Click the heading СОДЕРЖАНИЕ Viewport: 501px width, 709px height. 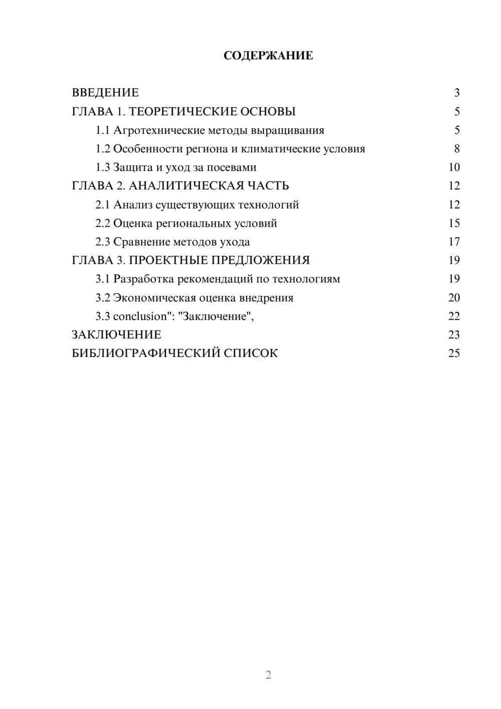click(268, 56)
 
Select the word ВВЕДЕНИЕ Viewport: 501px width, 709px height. click(105, 93)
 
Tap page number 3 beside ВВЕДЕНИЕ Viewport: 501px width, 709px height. click(456, 93)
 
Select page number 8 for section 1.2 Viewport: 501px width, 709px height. click(456, 149)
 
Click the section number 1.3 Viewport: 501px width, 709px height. click(102, 167)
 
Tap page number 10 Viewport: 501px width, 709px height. click(454, 167)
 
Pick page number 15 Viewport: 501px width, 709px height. click(454, 223)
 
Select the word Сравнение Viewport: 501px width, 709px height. click(141, 242)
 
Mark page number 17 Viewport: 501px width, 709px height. click(454, 242)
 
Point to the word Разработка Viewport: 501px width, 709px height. click(143, 279)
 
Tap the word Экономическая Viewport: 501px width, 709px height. click(154, 298)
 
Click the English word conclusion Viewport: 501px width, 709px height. click(140, 316)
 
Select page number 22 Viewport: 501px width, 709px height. click(454, 316)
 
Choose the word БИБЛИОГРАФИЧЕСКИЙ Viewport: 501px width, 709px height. click(145, 353)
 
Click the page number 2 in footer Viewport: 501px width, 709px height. click(268, 675)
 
